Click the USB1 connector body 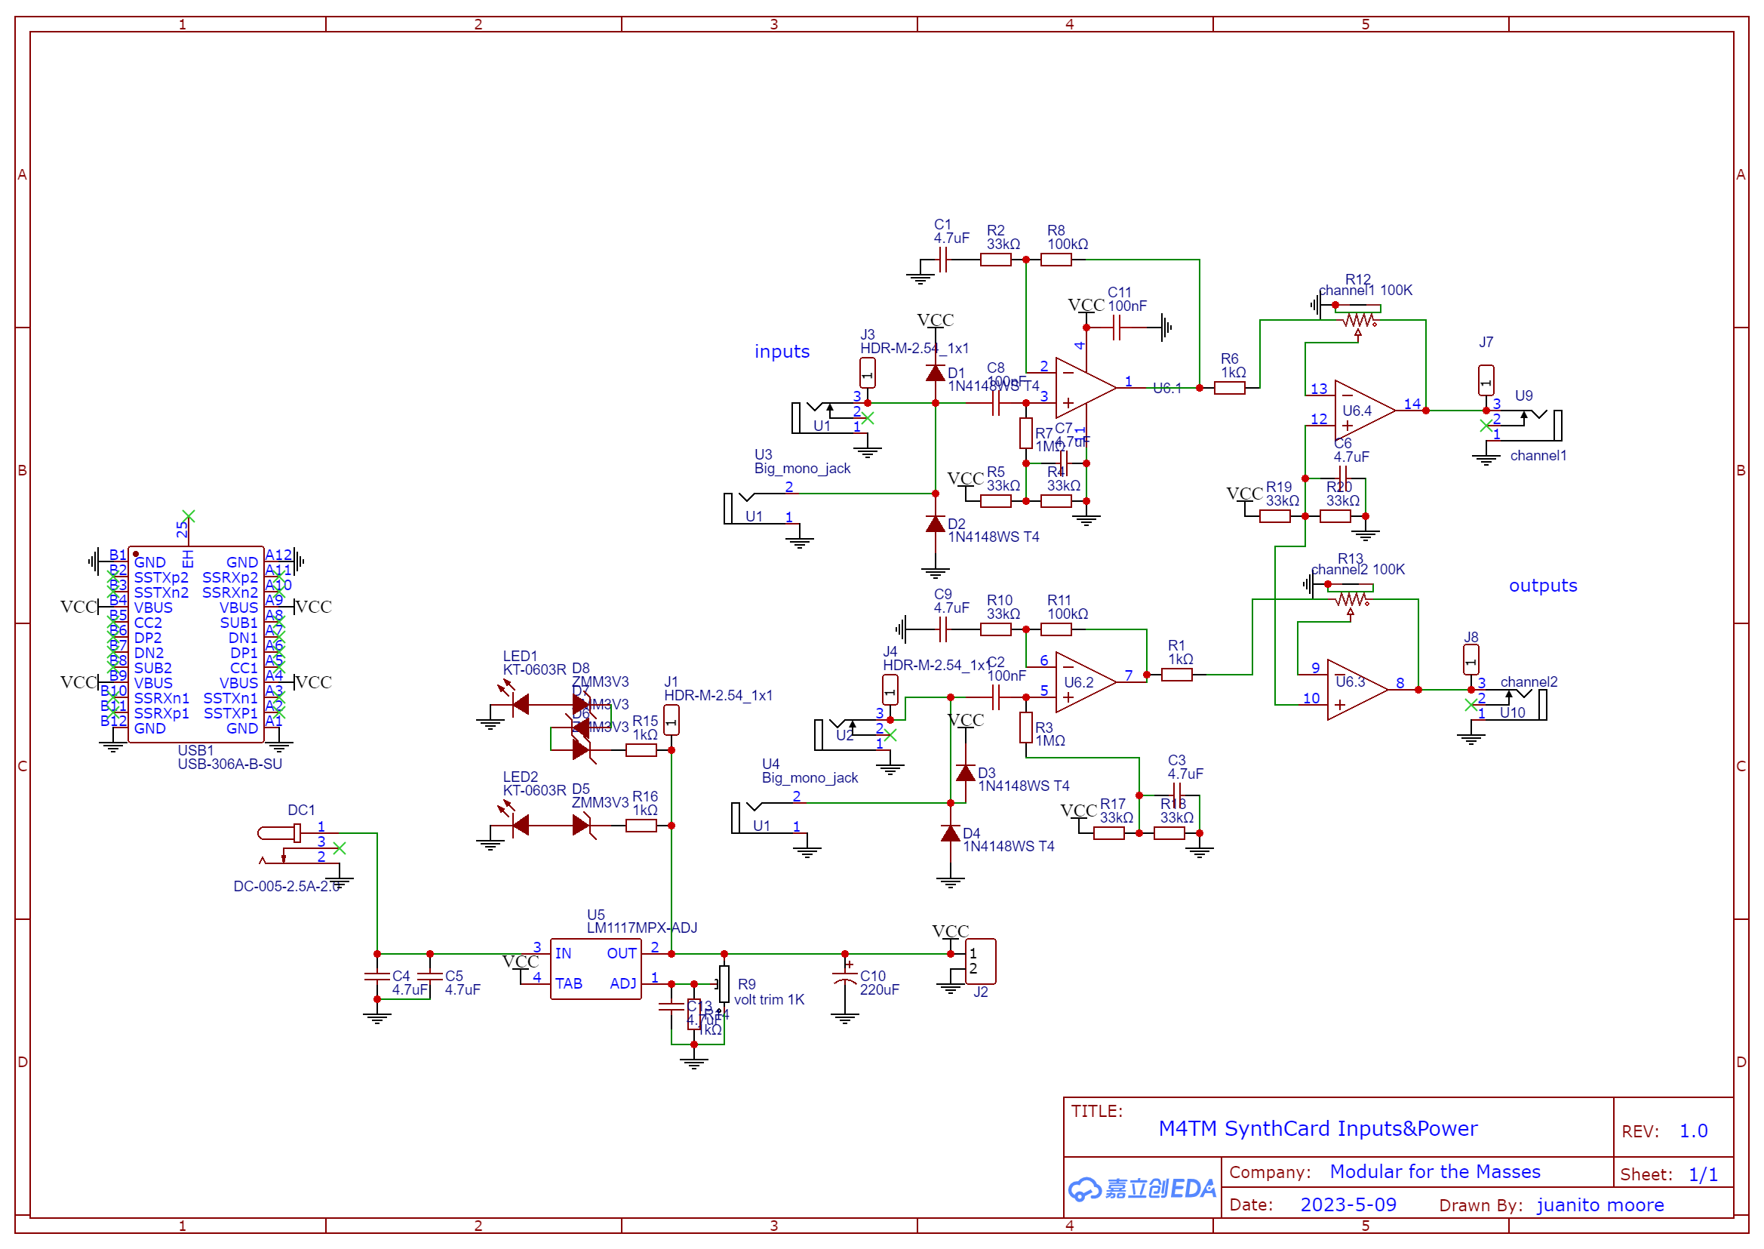195,644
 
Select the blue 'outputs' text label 1541,586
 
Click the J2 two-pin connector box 979,961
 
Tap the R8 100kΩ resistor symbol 1055,260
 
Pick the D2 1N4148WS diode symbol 935,525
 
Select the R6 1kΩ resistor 1229,388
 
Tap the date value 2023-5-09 1348,1204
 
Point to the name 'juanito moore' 1600,1204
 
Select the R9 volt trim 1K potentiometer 724,983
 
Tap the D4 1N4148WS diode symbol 951,834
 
